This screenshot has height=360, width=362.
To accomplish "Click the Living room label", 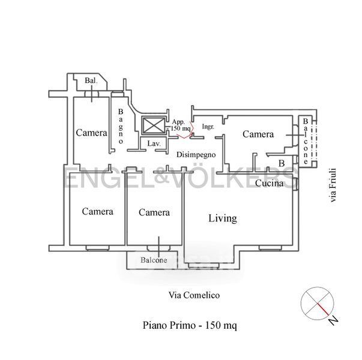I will point(222,218).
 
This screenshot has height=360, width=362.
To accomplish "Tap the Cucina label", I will point(269,184).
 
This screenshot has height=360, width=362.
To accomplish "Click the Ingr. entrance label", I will point(208,127).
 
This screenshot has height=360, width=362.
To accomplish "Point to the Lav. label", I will point(154,144).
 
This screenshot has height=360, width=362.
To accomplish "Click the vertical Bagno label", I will point(121,126).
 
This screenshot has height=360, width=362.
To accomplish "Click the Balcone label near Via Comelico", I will point(154,260).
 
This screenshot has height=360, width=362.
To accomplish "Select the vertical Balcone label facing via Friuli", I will point(306,142).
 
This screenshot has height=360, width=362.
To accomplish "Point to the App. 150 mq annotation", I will point(181,125).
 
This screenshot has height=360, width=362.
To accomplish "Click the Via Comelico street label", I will point(193,295).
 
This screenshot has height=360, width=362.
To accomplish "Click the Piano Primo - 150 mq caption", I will point(190,326).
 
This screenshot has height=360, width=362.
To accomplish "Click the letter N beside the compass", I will point(332,319).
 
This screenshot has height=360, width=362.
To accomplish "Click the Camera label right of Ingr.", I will point(258,134).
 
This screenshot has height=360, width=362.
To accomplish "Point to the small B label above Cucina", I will point(281,163).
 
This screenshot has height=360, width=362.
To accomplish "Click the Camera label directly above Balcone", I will point(154,212).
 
